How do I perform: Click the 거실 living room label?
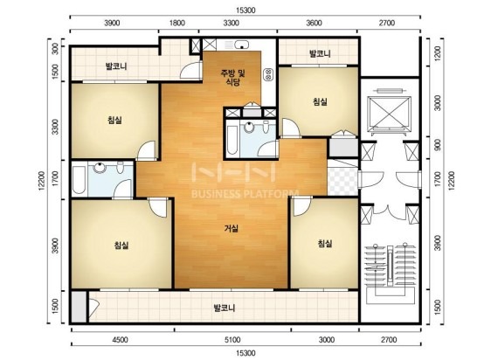[x=231, y=228]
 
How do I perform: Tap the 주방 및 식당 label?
[x=233, y=78]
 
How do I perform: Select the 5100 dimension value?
[x=232, y=340]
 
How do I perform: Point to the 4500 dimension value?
[x=120, y=340]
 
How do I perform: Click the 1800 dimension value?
[x=177, y=23]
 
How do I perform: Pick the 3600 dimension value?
[x=314, y=23]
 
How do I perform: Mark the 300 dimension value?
[x=55, y=49]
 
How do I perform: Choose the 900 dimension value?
[x=438, y=145]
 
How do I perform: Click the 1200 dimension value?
[x=438, y=53]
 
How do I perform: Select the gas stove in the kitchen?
[x=268, y=74]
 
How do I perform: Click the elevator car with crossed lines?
[x=390, y=112]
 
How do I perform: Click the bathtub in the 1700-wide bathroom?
[x=79, y=180]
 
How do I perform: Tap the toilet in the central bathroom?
[x=266, y=127]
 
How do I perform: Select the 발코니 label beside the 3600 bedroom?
[x=320, y=53]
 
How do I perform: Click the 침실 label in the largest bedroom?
[x=121, y=245]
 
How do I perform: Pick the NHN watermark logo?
[x=234, y=172]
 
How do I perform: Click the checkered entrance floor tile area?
[x=342, y=182]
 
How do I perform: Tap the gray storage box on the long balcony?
[x=78, y=307]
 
